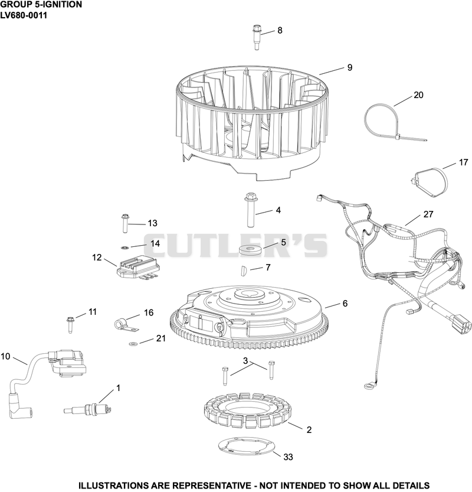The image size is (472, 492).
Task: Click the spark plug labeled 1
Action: coord(87,409)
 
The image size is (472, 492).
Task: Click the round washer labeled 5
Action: coord(248,250)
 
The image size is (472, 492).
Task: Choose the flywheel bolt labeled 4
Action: coord(251,210)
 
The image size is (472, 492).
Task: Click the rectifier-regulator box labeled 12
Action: coord(137,267)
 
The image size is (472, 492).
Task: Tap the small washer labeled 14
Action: coord(124,248)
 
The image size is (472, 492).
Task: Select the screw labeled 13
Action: coord(124,223)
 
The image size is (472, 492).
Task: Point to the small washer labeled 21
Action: coord(133,344)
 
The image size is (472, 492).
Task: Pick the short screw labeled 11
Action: coord(70,325)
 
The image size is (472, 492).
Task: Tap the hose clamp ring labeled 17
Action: coord(430,183)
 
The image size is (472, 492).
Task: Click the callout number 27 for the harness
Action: coord(428,214)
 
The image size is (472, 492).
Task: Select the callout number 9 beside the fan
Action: coord(350,67)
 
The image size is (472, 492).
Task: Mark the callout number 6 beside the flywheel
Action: coord(345,304)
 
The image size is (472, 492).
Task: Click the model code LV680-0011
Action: coord(24,15)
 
